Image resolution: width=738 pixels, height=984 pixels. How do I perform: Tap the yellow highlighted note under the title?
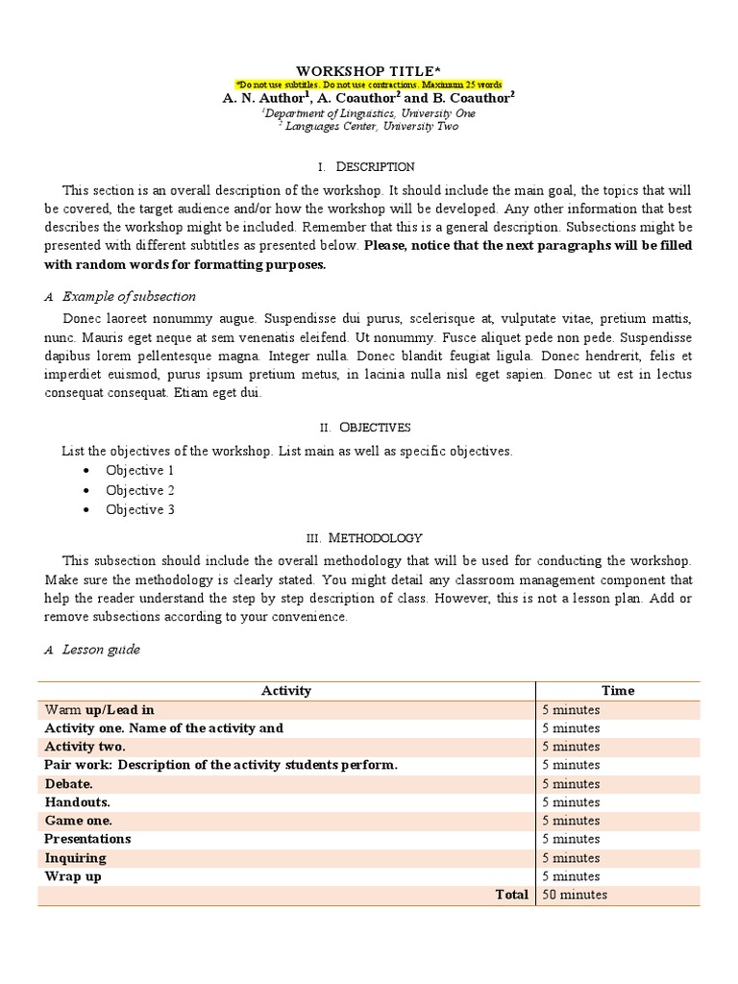(369, 86)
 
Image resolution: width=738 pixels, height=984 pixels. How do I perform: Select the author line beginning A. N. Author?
(369, 98)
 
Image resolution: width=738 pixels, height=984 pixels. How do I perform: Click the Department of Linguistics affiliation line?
(369, 113)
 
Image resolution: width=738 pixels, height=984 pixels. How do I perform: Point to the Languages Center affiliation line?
(369, 126)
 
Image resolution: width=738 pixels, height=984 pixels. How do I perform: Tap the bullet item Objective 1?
(140, 470)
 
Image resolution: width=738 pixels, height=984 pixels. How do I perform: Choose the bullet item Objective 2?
(140, 490)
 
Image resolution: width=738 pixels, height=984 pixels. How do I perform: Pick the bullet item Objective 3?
(140, 509)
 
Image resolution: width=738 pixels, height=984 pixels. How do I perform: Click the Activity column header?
(286, 690)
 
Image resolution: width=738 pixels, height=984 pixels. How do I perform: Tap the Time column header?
(618, 690)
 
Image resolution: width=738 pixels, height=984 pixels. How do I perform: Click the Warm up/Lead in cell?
(99, 709)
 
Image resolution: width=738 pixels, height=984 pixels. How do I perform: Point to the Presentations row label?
(87, 839)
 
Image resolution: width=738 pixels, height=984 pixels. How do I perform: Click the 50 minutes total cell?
(575, 895)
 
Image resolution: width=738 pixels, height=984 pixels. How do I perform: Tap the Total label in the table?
(511, 895)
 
